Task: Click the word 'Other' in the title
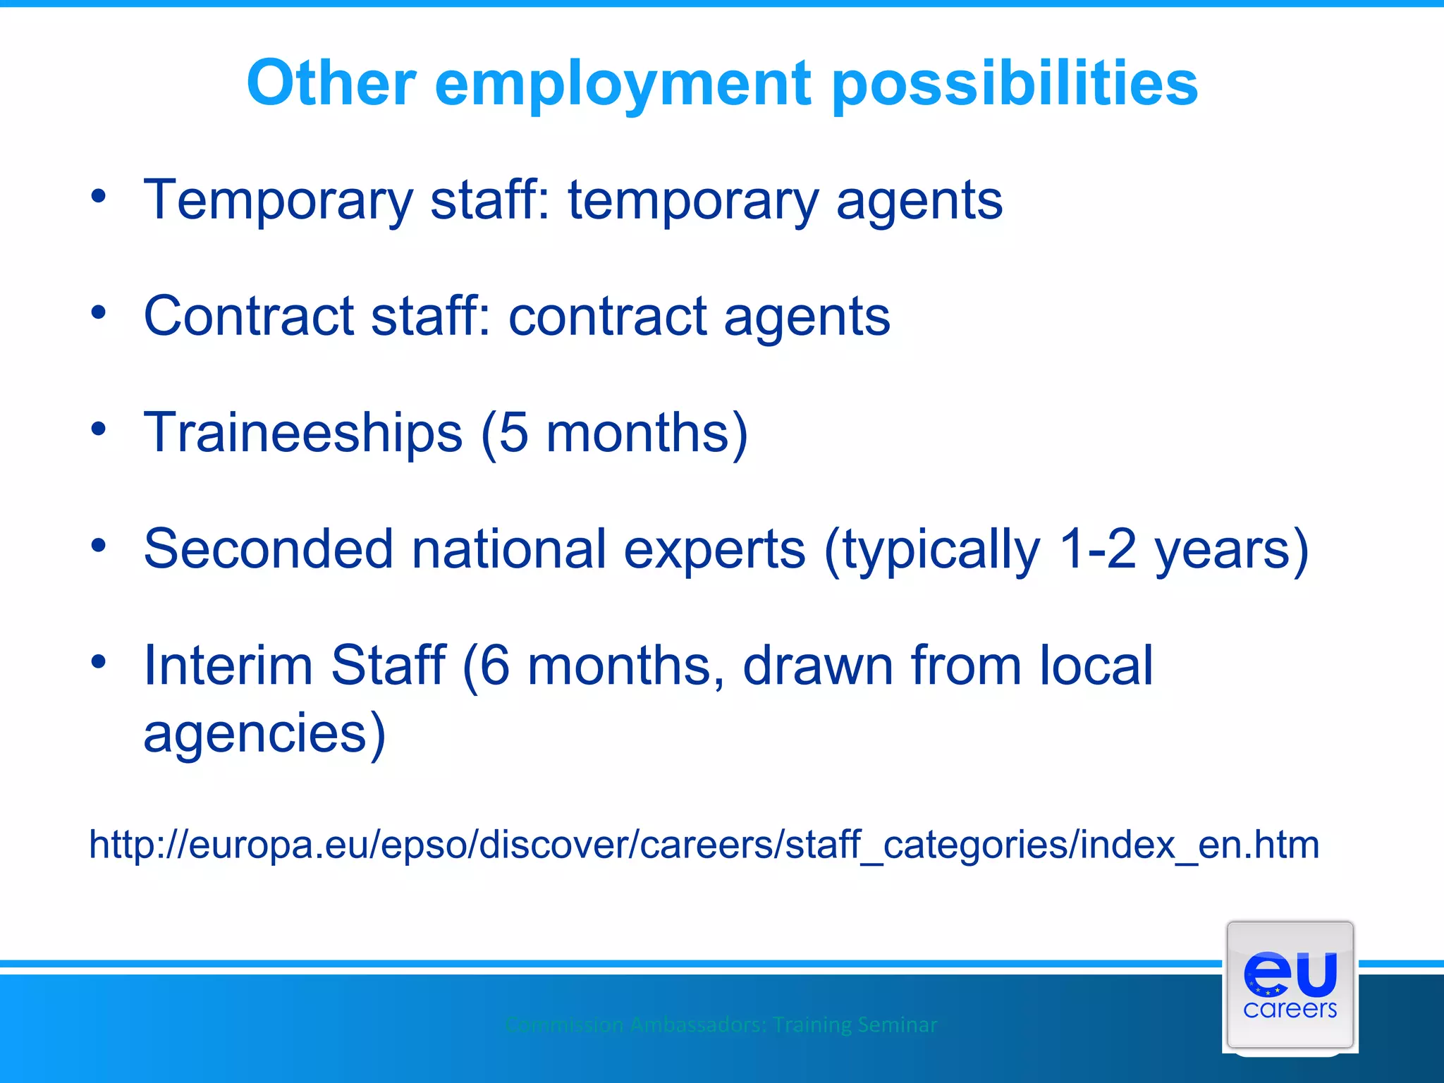pyautogui.click(x=331, y=83)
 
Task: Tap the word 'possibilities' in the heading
pyautogui.click(x=1015, y=85)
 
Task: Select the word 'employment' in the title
pyautogui.click(x=623, y=85)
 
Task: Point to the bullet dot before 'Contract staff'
pyautogui.click(x=99, y=312)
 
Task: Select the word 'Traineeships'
pyautogui.click(x=303, y=432)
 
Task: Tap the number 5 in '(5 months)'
pyautogui.click(x=514, y=432)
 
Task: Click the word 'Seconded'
pyautogui.click(x=268, y=549)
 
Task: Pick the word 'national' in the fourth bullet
pyautogui.click(x=508, y=549)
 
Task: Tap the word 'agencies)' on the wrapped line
pyautogui.click(x=264, y=733)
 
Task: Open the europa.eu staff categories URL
pyautogui.click(x=704, y=845)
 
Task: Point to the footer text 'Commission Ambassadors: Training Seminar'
pyautogui.click(x=721, y=1024)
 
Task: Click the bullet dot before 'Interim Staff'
pyautogui.click(x=99, y=661)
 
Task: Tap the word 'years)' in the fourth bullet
pyautogui.click(x=1231, y=549)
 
